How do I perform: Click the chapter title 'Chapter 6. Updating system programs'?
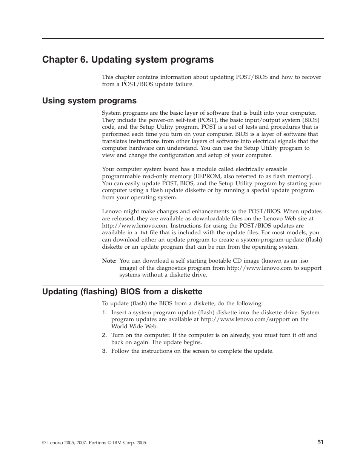128,60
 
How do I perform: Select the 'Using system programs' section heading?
89,101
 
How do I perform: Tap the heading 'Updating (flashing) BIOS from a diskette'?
122,292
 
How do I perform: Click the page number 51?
320,442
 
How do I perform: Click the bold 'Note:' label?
109,261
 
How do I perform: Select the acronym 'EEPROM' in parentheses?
207,176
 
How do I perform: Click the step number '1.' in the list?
105,312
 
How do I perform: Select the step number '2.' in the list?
105,335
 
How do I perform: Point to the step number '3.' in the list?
105,351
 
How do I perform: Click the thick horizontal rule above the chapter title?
183,38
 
